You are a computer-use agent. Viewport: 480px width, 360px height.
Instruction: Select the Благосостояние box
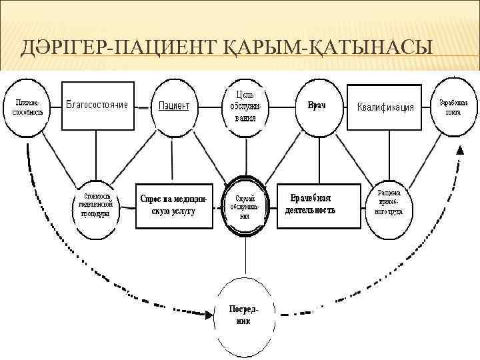tap(96, 105)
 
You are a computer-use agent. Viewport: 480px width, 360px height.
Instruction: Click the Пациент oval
tap(174, 106)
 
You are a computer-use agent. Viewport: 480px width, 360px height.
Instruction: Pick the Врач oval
tap(316, 106)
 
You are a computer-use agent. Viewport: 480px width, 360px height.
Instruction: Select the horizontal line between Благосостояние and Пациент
tap(141, 106)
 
